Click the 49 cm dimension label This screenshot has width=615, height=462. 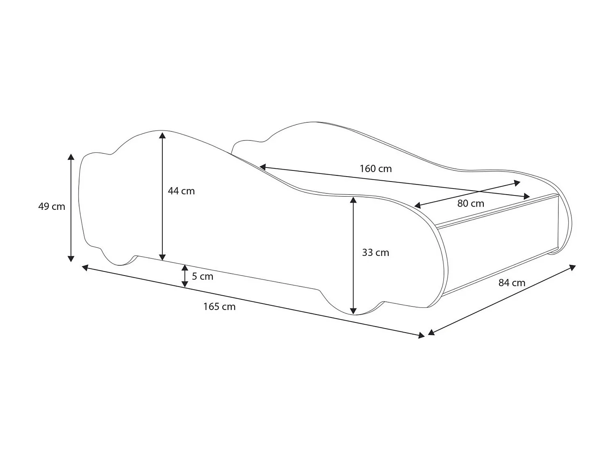tap(52, 207)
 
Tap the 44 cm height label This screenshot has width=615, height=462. tap(181, 191)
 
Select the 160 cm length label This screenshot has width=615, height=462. tap(376, 169)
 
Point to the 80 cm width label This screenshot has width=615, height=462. tap(471, 204)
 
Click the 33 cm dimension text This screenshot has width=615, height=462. tap(375, 253)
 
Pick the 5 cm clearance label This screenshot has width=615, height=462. tap(203, 276)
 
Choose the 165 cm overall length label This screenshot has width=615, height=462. tap(219, 307)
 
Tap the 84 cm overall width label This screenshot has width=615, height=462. tap(512, 283)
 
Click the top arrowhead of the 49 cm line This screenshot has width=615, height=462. tap(71, 157)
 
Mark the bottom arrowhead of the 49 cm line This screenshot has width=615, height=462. tap(71, 258)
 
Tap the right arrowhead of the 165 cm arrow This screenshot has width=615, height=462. tap(421, 336)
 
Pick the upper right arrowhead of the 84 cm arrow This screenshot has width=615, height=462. tap(572, 268)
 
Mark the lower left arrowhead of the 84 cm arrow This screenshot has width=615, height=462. tap(431, 333)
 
